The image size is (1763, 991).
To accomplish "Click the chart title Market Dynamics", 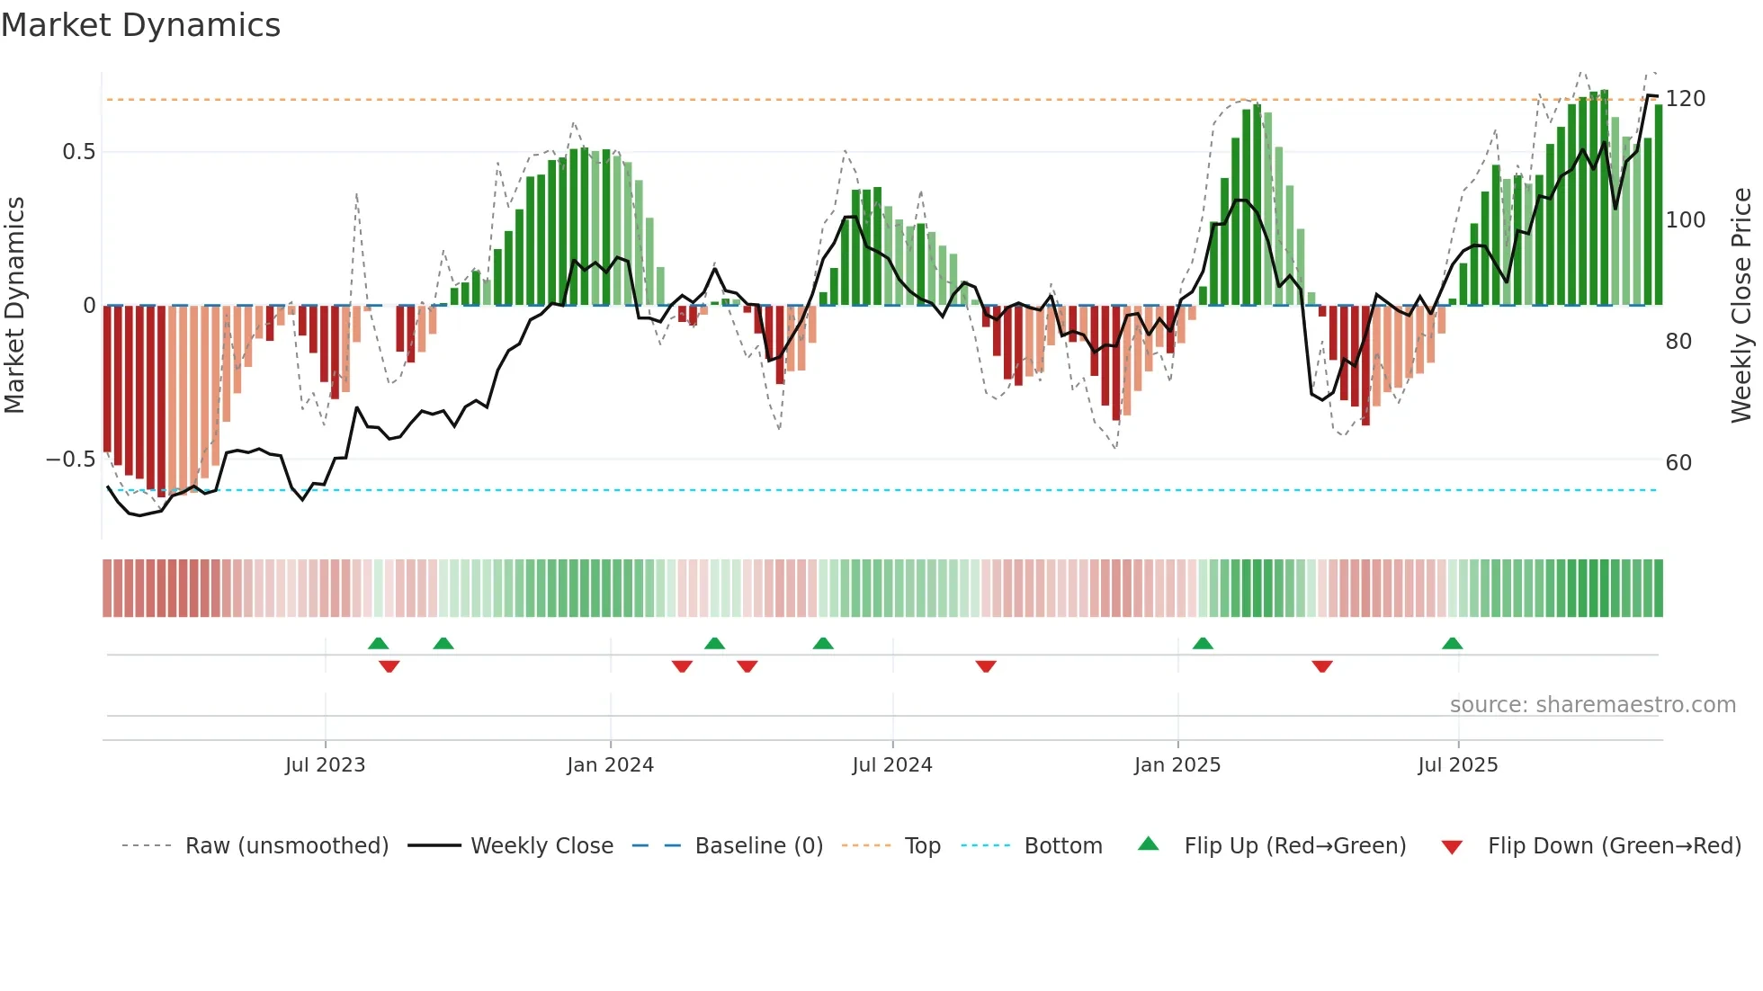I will tap(141, 25).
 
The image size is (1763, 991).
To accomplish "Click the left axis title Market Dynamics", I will tap(15, 305).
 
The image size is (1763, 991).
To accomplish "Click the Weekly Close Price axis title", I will tap(1741, 305).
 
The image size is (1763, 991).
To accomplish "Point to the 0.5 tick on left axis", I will tap(78, 152).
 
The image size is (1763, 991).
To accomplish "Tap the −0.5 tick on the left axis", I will tap(71, 460).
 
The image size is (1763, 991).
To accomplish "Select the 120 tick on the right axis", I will tap(1685, 99).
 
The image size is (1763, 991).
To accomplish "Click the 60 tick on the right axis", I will tap(1678, 463).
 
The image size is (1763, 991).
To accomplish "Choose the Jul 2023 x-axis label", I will tap(325, 765).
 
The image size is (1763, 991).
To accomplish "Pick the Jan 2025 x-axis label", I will tap(1177, 765).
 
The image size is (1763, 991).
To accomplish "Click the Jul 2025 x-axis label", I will tap(1457, 765).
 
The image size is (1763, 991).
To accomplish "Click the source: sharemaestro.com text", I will tap(1592, 705).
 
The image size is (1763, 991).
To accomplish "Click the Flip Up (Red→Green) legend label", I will tap(1294, 846).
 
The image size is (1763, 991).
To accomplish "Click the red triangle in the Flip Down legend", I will tap(1452, 847).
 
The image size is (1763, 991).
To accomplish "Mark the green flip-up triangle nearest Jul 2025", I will tap(1452, 643).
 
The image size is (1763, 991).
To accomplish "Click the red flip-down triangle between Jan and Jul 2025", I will tap(1321, 666).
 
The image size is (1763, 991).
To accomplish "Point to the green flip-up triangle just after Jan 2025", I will tap(1203, 643).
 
